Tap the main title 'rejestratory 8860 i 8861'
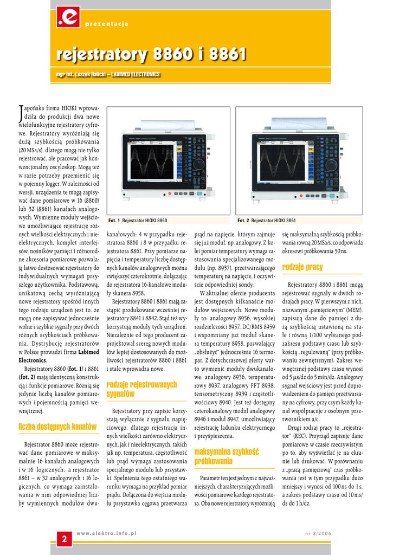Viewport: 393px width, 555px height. click(151, 54)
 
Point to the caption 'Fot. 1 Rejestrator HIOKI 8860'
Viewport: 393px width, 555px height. click(138, 221)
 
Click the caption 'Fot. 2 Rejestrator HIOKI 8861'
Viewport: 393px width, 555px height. click(267, 221)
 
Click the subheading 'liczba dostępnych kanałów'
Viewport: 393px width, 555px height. click(57, 427)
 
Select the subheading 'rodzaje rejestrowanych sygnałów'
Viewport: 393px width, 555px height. click(141, 389)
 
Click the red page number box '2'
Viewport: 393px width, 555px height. click(65, 539)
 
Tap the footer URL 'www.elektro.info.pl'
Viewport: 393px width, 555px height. click(106, 533)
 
